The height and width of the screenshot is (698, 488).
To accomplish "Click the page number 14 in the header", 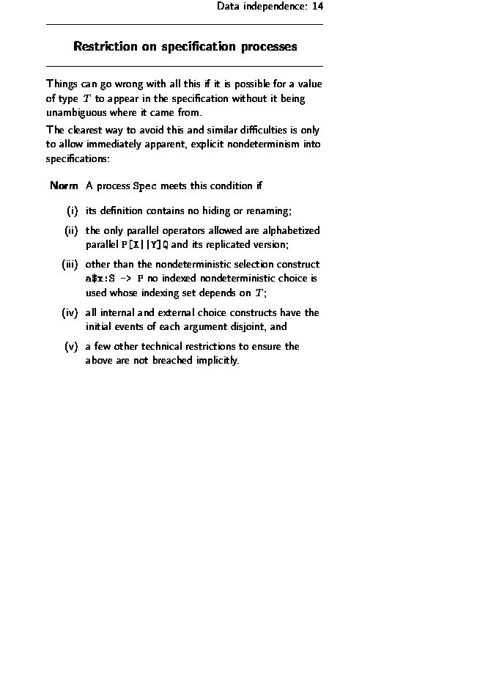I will pos(317,7).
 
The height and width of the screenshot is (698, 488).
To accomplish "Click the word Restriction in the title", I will pos(106,47).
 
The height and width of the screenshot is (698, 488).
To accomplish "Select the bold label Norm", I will pos(64,185).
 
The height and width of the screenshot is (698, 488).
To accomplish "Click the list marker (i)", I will pos(72,211).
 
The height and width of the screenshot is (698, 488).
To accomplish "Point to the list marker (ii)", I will pos(70,230).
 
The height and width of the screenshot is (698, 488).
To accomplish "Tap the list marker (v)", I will pos(71,346).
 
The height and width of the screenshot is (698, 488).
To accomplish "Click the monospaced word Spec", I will pos(144,185).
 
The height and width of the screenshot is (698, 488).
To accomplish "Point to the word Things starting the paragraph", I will pos(62,84).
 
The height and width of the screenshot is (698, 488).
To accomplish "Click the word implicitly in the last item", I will pos(216,361).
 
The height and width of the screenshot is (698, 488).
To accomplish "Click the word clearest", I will pos(88,131).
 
